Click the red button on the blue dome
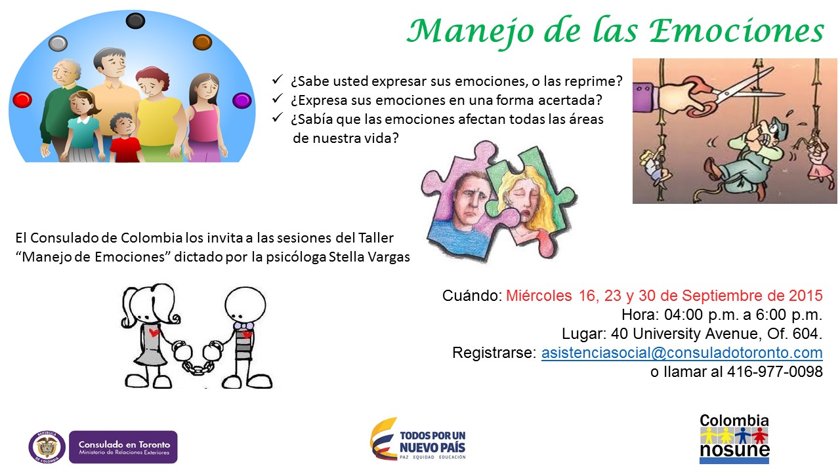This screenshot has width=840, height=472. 22,100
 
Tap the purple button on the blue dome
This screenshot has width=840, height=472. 242,100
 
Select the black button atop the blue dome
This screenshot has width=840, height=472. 135,21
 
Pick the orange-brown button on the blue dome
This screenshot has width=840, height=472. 203,43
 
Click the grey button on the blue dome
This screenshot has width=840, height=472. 58,43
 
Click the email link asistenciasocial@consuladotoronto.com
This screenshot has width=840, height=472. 682,353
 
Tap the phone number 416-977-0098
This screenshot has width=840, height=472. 775,372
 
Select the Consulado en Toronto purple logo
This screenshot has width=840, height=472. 123,447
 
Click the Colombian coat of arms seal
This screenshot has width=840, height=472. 47,447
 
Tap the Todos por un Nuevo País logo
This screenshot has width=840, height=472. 418,439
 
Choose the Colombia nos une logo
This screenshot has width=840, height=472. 734,439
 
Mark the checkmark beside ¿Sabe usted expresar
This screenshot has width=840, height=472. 278,79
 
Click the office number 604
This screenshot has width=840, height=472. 807,334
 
